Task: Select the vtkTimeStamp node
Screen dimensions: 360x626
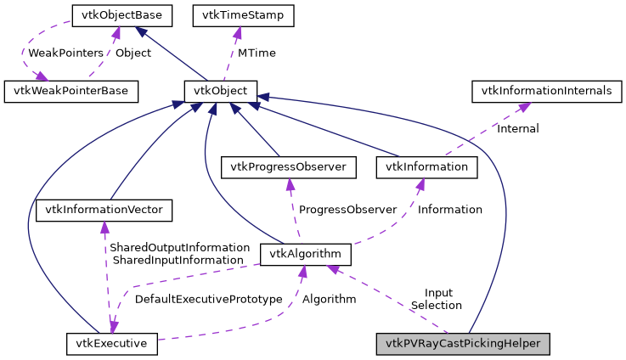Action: (x=243, y=14)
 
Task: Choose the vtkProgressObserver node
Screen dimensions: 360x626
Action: (x=290, y=166)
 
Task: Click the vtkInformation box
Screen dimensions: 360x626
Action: (x=426, y=166)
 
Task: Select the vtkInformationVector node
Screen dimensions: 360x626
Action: (x=104, y=209)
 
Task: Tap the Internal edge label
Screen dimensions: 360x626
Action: (x=517, y=129)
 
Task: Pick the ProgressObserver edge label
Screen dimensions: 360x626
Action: (x=347, y=209)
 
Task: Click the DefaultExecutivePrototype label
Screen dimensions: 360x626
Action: (x=208, y=299)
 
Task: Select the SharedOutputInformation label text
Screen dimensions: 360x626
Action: (x=179, y=247)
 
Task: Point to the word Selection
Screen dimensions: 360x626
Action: (x=436, y=305)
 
